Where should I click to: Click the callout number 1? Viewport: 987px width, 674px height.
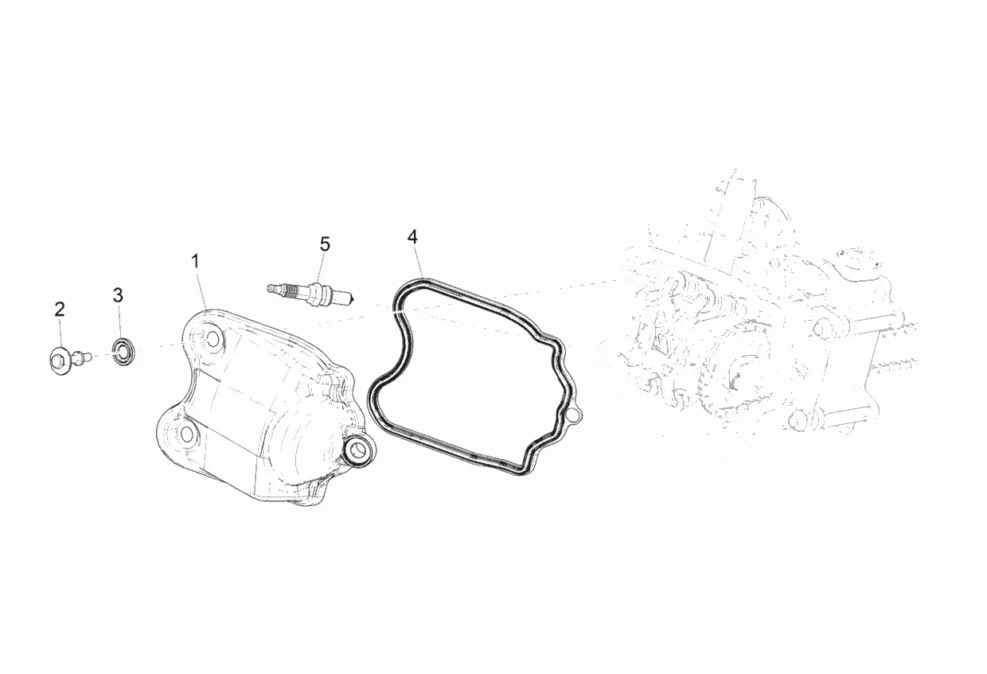(195, 261)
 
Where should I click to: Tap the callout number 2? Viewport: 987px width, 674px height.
(60, 310)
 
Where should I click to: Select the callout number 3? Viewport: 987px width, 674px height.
(118, 295)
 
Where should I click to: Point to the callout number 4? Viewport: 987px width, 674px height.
(412, 237)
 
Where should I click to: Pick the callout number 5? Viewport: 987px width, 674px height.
(325, 244)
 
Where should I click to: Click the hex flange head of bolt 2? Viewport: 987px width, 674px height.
(59, 363)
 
